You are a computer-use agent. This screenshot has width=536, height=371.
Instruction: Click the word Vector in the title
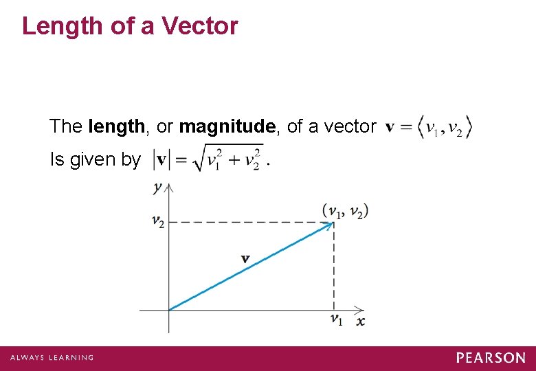(199, 26)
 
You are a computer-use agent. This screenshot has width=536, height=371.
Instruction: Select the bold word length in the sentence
(117, 126)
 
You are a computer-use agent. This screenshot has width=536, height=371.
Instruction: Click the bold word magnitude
(227, 126)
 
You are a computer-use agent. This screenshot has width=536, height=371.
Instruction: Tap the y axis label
(159, 187)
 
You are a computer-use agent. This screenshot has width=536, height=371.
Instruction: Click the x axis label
(360, 322)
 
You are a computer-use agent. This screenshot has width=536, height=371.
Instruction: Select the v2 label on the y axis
(158, 221)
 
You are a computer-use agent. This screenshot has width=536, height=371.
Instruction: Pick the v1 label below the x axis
(336, 319)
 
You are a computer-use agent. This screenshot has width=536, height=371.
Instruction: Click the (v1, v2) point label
(345, 211)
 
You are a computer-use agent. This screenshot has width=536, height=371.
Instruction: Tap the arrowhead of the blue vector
(330, 225)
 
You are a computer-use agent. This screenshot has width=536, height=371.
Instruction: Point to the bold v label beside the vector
(245, 258)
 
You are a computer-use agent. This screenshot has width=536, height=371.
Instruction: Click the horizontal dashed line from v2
(247, 222)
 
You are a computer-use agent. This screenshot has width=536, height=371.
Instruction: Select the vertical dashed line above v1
(334, 268)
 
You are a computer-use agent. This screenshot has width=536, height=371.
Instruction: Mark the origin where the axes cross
(169, 310)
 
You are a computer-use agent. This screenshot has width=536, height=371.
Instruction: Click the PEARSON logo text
(491, 358)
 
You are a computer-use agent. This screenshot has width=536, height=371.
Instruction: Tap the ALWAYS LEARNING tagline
(52, 358)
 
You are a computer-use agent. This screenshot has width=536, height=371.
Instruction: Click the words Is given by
(95, 159)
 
